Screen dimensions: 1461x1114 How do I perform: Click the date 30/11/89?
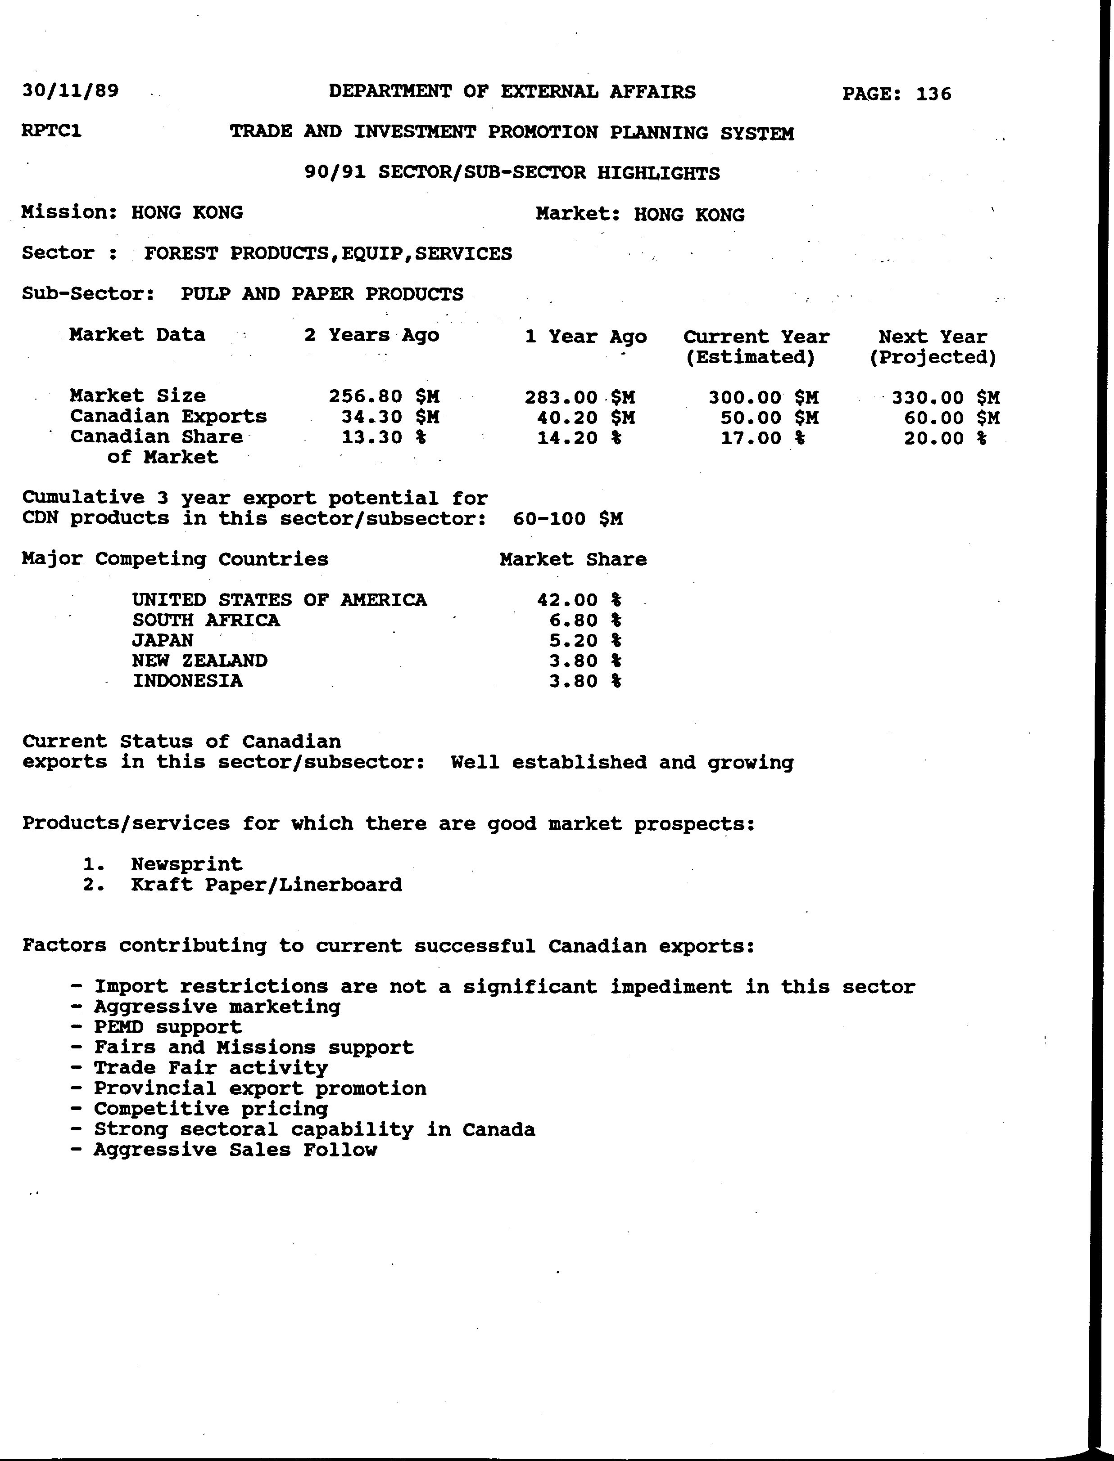pyautogui.click(x=70, y=90)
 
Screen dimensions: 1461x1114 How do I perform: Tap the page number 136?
pyautogui.click(x=933, y=94)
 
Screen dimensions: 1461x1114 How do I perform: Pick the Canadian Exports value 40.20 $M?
pyautogui.click(x=585, y=418)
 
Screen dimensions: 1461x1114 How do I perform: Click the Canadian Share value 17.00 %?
pyautogui.click(x=763, y=438)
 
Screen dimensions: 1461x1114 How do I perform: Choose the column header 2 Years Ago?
pyautogui.click(x=371, y=335)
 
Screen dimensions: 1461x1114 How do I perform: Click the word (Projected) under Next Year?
pyautogui.click(x=933, y=358)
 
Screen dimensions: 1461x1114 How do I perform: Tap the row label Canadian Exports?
pyautogui.click(x=168, y=416)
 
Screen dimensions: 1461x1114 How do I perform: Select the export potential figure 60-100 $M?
pyautogui.click(x=568, y=518)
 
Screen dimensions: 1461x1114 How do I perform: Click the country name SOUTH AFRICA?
pyautogui.click(x=206, y=620)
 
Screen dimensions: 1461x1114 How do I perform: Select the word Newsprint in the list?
pyautogui.click(x=187, y=864)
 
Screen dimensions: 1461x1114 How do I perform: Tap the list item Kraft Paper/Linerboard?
pyautogui.click(x=267, y=885)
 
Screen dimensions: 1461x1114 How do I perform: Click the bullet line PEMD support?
pyautogui.click(x=167, y=1027)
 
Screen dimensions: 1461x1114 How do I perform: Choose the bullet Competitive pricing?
pyautogui.click(x=211, y=1109)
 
